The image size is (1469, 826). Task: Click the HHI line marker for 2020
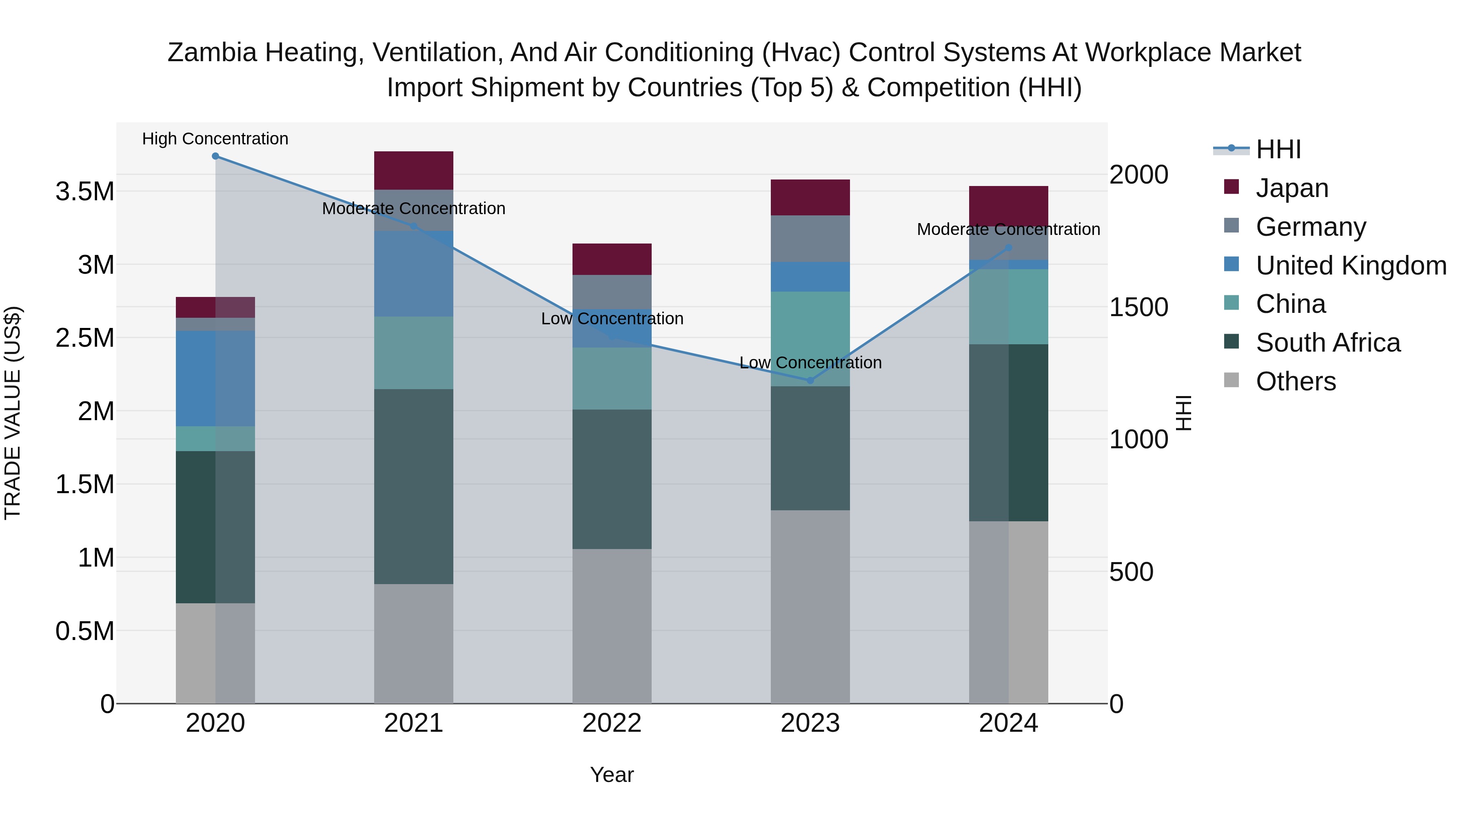pos(215,156)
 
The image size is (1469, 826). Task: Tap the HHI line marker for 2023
pos(810,380)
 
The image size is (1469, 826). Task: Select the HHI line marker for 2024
pos(1008,248)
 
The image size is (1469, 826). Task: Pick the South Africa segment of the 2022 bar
pos(612,479)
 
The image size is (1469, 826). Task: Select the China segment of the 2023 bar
pos(810,339)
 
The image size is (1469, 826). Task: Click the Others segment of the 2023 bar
pos(810,607)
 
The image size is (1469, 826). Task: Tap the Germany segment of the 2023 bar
pos(810,238)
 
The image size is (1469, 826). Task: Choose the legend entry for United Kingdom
pos(1350,266)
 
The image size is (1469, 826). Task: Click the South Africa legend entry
pos(1327,343)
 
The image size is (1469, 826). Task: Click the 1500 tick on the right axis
pos(1138,307)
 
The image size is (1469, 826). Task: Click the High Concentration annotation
pos(215,139)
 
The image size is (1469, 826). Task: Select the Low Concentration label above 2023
pos(810,363)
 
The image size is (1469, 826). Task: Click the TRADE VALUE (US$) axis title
pos(13,413)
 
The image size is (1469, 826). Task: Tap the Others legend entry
pos(1295,382)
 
